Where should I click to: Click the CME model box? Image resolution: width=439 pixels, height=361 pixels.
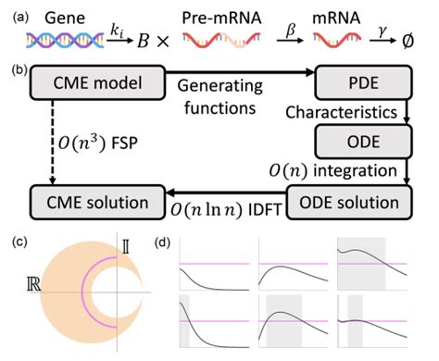89,86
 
